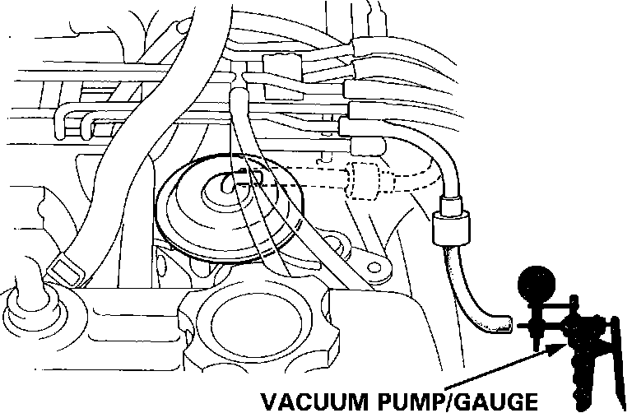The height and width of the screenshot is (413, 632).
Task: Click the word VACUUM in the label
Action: [x=304, y=401]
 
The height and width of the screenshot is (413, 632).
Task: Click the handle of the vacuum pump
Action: [x=605, y=362]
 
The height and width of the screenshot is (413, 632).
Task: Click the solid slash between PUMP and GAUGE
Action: [x=447, y=401]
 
